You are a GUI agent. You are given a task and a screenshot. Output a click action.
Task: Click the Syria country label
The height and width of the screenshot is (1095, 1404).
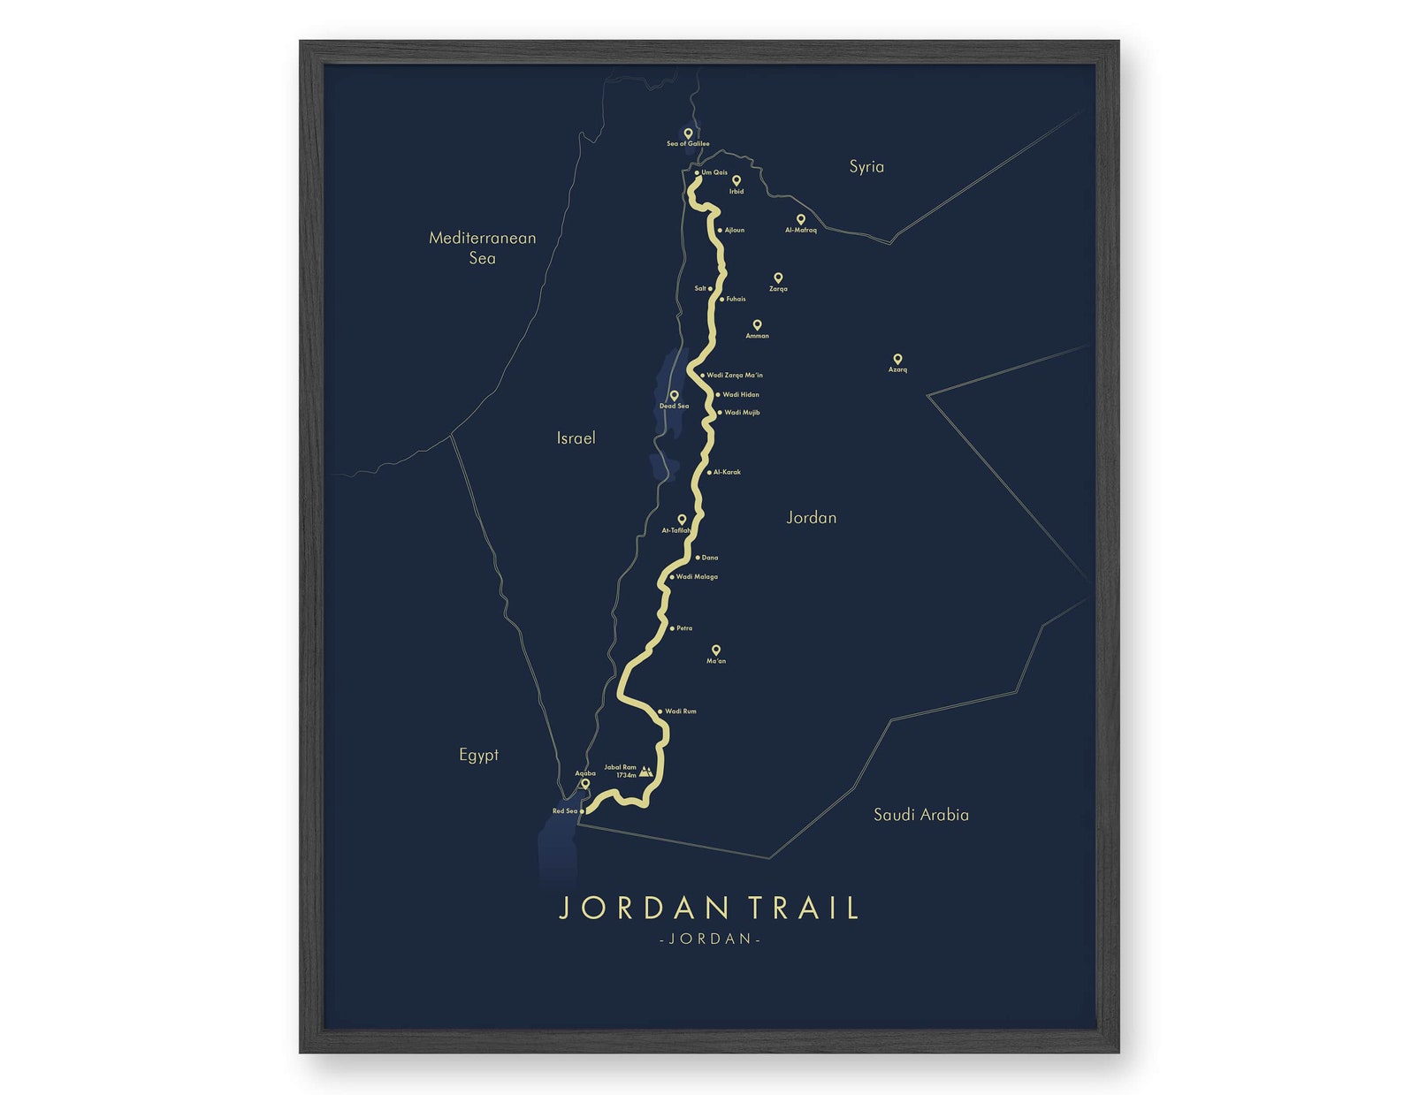pos(866,166)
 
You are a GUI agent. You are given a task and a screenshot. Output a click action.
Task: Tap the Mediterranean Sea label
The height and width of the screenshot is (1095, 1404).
pos(482,247)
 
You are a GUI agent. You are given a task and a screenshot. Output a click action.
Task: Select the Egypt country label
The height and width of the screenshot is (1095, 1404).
pos(478,754)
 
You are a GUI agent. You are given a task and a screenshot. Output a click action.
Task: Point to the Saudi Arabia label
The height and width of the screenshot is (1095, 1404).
pos(920,814)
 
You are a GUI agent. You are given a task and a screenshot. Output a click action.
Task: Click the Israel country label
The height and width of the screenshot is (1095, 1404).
pos(576,437)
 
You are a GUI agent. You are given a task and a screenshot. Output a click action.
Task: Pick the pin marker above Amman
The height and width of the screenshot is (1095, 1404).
pos(757,325)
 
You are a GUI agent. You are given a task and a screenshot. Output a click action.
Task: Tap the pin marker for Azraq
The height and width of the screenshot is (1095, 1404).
pos(897,359)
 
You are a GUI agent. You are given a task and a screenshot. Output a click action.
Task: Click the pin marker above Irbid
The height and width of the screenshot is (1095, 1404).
pos(736,180)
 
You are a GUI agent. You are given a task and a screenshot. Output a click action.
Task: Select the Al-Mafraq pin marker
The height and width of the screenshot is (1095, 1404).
pos(801,219)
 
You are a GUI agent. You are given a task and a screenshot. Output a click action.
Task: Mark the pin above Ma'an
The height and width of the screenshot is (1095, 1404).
pos(716,650)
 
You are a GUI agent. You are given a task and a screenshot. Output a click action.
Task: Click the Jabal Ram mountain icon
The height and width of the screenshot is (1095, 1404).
pos(647,771)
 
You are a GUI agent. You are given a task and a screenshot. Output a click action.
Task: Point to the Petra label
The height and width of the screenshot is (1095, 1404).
pos(684,628)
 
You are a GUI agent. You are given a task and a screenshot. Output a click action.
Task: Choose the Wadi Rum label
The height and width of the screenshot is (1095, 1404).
pos(680,711)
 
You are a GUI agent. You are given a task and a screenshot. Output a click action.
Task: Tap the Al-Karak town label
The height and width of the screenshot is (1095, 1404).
pos(727,472)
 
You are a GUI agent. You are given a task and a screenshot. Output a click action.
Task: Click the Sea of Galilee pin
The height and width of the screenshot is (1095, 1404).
pos(688,133)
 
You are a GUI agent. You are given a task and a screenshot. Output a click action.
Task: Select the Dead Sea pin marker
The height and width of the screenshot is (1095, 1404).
pos(674,395)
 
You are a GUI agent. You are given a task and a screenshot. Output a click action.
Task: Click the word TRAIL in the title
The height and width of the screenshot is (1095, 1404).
pos(803,908)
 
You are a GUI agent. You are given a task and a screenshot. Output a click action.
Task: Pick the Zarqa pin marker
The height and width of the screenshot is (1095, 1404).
pos(778,278)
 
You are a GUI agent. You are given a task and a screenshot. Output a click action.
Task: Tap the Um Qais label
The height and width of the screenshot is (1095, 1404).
pos(714,172)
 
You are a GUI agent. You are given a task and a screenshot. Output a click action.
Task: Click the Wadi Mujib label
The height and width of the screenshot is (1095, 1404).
pos(742,412)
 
